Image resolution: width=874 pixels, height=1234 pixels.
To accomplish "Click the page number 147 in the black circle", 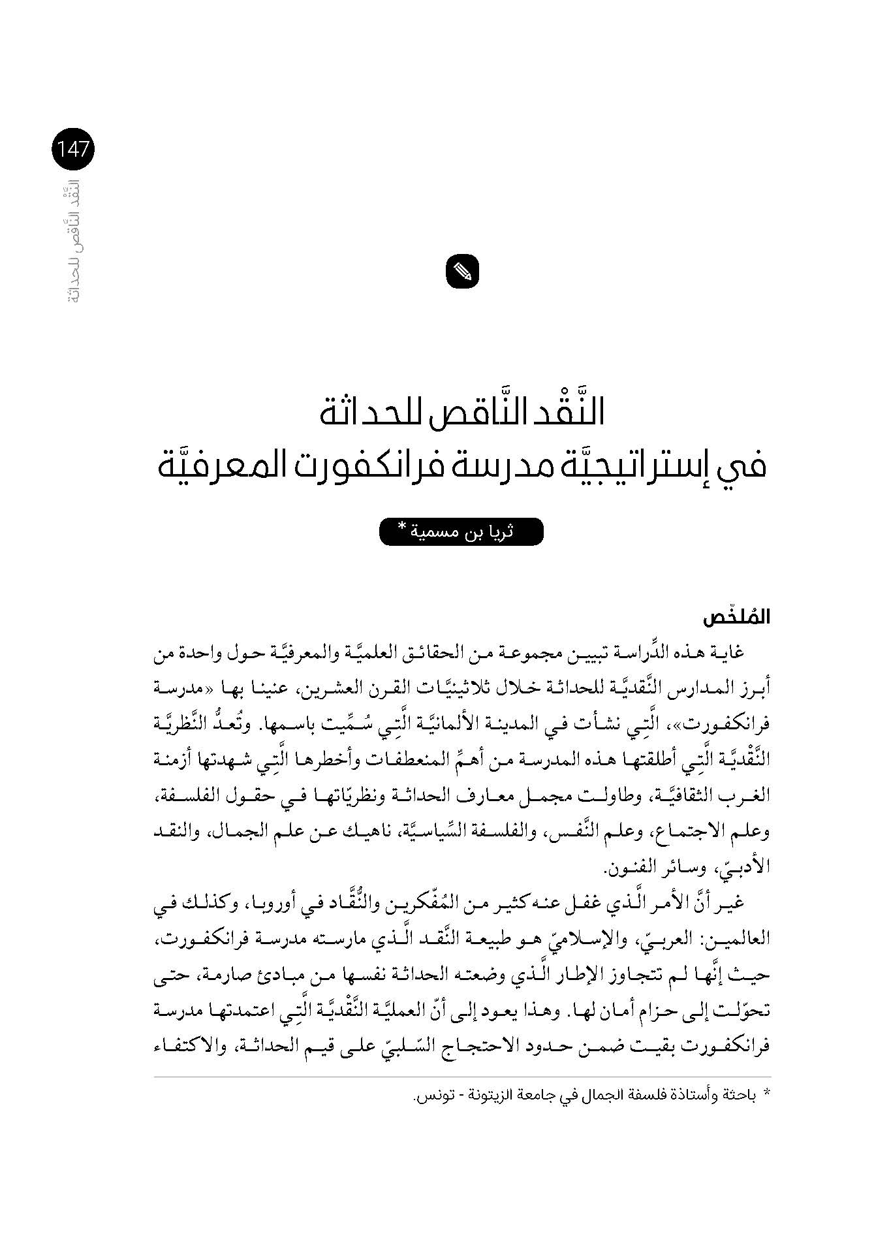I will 72,150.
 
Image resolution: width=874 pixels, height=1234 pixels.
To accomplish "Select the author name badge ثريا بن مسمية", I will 461,531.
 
